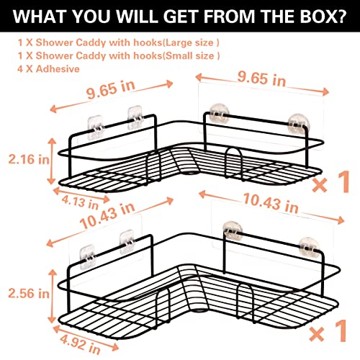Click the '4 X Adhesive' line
tap(48, 69)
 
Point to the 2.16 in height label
tap(29, 159)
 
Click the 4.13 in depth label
tap(81, 202)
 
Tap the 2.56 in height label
tap(29, 293)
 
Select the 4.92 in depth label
tap(81, 345)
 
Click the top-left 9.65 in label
tap(111, 89)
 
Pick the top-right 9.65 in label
tap(261, 78)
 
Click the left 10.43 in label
tap(107, 215)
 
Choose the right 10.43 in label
tap(271, 203)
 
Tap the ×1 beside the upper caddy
tap(330, 181)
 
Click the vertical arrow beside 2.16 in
tap(52, 161)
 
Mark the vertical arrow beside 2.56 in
tap(53, 296)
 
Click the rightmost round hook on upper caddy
tap(299, 124)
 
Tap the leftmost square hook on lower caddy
tap(88, 257)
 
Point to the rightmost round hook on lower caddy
tap(310, 248)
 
